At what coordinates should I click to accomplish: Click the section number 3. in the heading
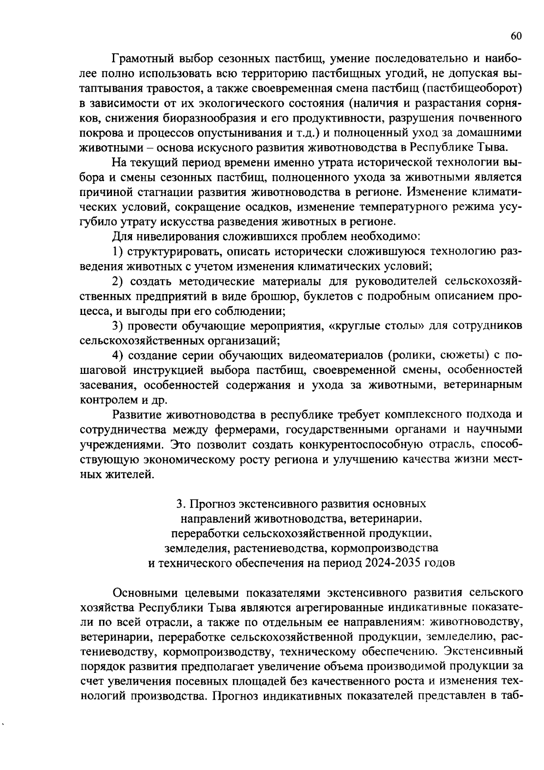click(x=181, y=504)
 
